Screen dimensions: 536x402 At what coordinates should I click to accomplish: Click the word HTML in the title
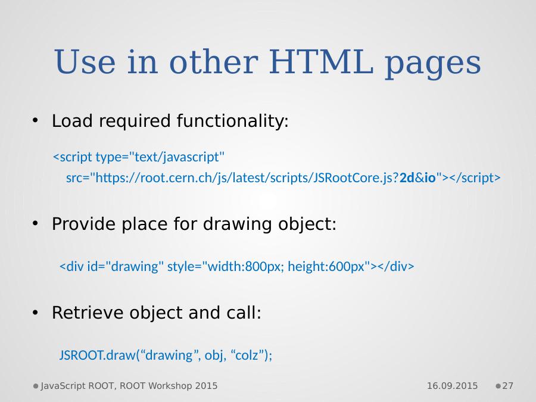322,61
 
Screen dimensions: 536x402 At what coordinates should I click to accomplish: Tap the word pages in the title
433,64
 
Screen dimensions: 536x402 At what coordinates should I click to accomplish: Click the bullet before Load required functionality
35,120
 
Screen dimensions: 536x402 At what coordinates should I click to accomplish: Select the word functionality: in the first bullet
233,121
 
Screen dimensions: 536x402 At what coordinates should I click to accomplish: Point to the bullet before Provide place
35,223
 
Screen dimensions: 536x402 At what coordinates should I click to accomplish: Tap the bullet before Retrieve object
35,313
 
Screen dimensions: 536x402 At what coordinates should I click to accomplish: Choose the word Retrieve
88,313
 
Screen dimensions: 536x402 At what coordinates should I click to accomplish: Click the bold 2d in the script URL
407,177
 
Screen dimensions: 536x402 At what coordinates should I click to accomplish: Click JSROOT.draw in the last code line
98,355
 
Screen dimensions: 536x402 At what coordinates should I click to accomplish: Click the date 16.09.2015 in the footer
452,386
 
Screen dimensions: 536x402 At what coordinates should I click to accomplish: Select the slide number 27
507,386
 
